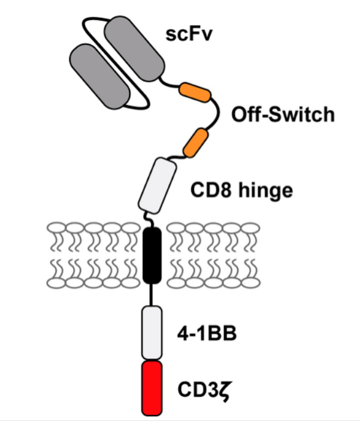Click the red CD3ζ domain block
(152, 388)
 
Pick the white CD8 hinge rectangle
(157, 185)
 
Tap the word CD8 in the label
(208, 191)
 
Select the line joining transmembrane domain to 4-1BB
(153, 293)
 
